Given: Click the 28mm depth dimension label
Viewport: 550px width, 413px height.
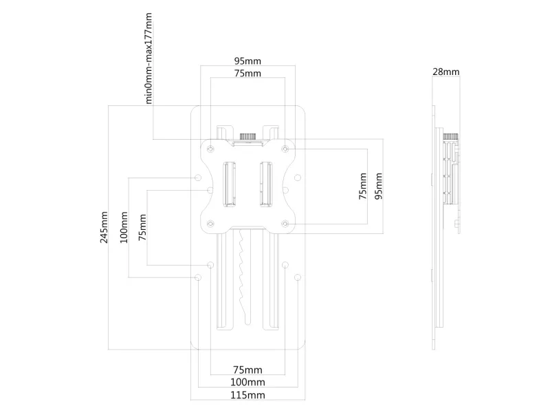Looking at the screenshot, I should tap(447, 72).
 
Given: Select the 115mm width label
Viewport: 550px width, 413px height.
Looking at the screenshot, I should tap(247, 394).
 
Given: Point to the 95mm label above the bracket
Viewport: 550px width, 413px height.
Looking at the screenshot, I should tap(247, 60).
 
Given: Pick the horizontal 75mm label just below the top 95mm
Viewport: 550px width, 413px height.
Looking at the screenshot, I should tap(247, 73).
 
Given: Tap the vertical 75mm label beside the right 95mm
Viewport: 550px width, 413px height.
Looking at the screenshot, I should tap(363, 186).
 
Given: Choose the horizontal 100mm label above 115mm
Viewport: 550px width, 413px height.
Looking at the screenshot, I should tap(247, 381).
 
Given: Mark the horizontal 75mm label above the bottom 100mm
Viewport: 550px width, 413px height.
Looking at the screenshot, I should tap(247, 369).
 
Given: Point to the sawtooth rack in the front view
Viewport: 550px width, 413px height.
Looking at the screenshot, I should tap(240, 272).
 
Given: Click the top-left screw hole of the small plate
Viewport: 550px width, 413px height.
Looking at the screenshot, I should tap(210, 146).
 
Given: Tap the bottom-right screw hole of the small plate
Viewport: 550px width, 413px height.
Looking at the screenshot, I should tap(285, 222).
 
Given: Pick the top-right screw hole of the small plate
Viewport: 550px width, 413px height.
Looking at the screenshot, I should tap(285, 146).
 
